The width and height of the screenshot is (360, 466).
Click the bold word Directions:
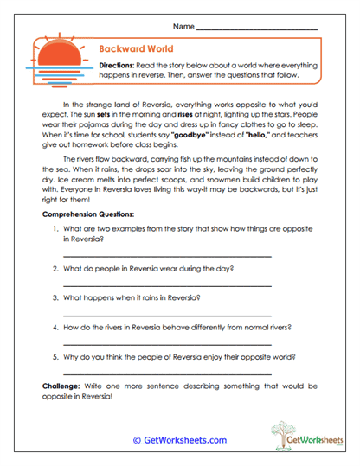(x=117, y=66)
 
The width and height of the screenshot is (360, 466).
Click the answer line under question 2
(x=167, y=285)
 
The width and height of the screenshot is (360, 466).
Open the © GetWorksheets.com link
(x=179, y=440)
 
